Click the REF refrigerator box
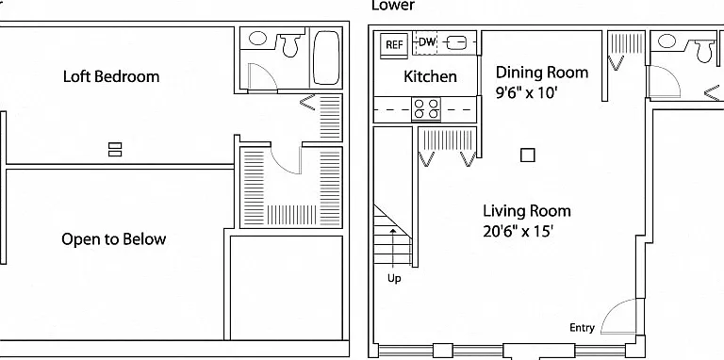click(394, 45)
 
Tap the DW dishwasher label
click(427, 42)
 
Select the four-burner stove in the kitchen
click(426, 109)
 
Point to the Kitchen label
click(430, 76)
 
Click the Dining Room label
click(542, 73)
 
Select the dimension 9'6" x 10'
click(527, 92)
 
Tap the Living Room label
click(527, 211)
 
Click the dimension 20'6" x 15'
click(518, 231)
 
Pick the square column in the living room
click(528, 155)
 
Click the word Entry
click(582, 328)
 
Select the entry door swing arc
click(614, 307)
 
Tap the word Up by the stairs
click(394, 278)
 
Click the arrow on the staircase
click(393, 248)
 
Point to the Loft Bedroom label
click(111, 76)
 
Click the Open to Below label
click(113, 239)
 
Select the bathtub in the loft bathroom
click(326, 57)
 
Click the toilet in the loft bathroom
click(290, 44)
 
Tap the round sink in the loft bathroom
click(257, 39)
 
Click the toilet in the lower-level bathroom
click(704, 50)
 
